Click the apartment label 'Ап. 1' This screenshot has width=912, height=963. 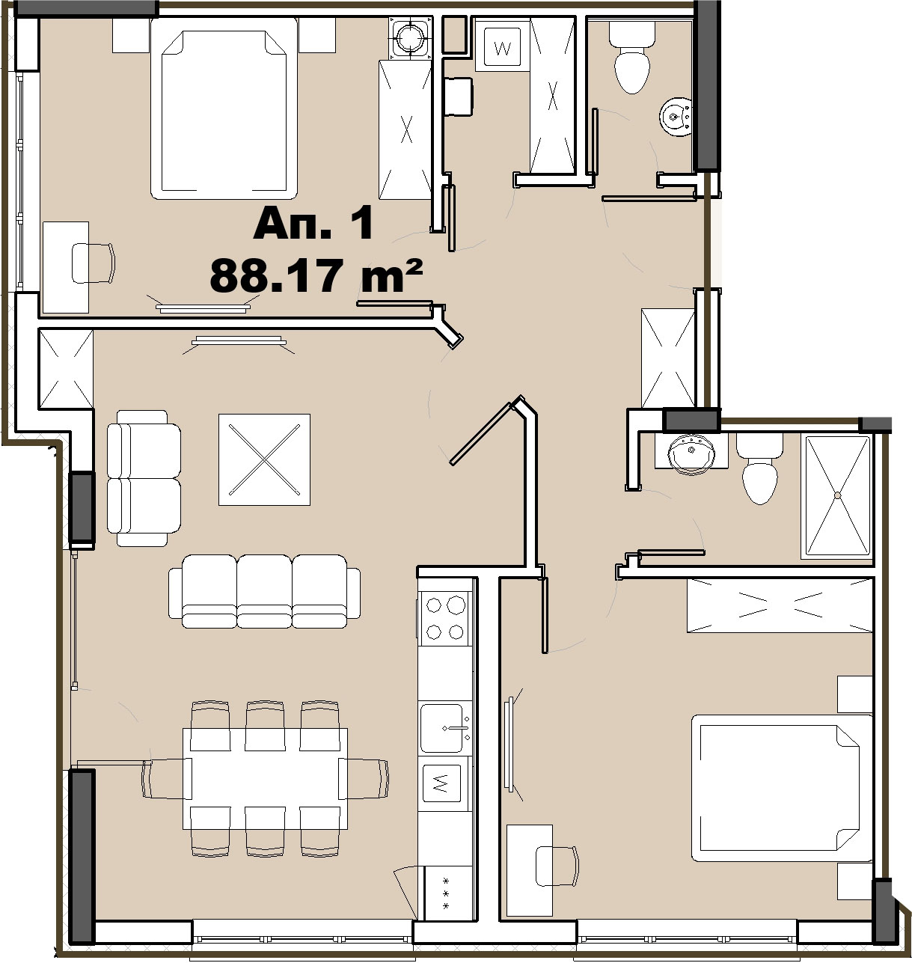[313, 223]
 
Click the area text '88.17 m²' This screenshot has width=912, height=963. [316, 276]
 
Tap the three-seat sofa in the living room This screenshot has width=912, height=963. [264, 591]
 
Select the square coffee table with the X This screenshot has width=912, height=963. [264, 459]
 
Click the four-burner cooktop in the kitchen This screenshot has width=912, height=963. [445, 618]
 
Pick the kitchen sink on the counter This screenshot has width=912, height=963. [445, 727]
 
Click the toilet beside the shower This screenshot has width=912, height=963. [759, 469]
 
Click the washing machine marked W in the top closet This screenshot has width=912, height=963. [502, 47]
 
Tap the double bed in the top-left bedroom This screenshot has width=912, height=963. [224, 108]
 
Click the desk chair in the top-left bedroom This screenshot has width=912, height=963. [93, 263]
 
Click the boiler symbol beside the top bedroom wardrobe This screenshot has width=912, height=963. [411, 37]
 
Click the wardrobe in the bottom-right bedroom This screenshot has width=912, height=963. [780, 605]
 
